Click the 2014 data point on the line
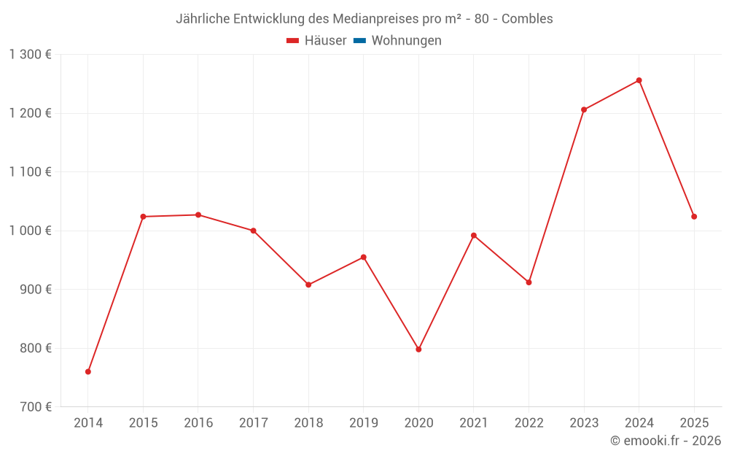pos(88,371)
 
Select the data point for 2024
pos(639,80)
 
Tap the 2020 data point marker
pos(418,349)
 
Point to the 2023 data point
pos(584,109)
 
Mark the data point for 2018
pos(308,285)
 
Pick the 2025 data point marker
pos(694,217)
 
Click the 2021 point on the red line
pos(474,236)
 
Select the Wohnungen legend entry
pos(406,41)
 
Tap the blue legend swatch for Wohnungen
pos(359,41)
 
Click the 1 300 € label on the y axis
pos(31,55)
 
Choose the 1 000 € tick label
pos(31,231)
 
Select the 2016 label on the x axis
pos(198,423)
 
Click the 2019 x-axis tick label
pos(364,423)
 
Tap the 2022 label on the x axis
pos(529,423)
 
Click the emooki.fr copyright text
pos(666,441)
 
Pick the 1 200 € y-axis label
pos(31,113)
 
